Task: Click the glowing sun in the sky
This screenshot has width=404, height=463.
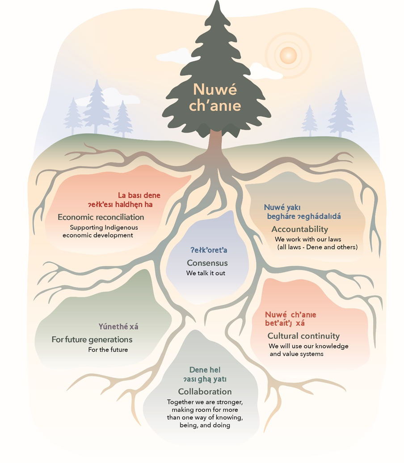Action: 288,55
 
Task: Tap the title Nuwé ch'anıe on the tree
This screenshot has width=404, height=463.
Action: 215,97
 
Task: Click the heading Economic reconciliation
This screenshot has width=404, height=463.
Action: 101,217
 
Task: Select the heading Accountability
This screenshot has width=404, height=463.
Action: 300,229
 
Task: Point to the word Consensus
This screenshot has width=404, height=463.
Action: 207,263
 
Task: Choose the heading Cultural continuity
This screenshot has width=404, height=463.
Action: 303,336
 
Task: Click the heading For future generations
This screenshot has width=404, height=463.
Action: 92,340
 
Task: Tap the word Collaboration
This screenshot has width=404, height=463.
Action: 205,392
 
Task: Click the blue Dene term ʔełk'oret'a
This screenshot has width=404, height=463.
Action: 209,250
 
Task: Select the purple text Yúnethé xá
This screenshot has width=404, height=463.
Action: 118,326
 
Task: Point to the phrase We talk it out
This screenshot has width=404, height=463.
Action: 206,273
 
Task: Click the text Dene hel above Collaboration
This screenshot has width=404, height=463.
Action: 205,370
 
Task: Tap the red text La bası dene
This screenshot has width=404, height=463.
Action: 139,195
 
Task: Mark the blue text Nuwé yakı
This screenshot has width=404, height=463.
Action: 282,207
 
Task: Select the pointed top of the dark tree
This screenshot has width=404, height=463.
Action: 217,1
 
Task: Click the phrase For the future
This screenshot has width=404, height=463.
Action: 108,350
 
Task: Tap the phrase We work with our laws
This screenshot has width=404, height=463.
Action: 308,239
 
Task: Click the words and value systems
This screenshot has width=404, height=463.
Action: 296,354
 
